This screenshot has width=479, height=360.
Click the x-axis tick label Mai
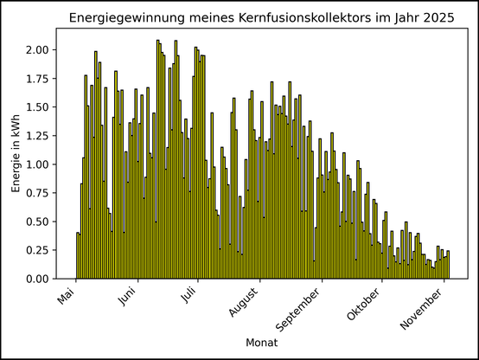[x=67, y=298]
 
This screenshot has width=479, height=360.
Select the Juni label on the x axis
[x=126, y=300]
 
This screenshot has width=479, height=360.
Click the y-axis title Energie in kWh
[x=16, y=154]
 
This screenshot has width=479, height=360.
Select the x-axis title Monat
[x=260, y=343]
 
